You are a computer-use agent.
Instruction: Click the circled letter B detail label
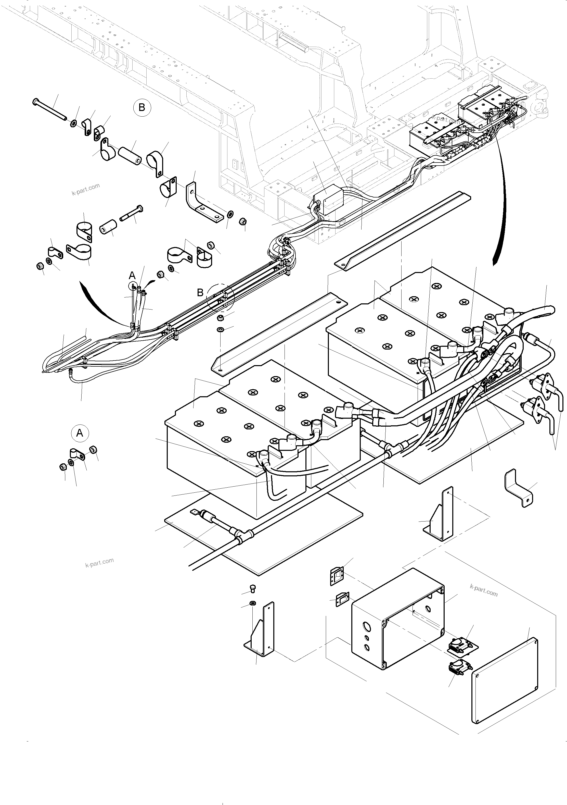[142, 107]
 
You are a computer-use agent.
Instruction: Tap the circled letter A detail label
[80, 433]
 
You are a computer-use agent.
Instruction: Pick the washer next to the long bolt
[74, 124]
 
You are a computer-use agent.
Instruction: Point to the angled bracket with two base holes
[203, 203]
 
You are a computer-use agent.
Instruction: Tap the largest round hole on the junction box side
[367, 626]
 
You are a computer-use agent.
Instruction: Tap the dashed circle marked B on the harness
[220, 297]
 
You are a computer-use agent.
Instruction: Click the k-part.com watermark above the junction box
[484, 592]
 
